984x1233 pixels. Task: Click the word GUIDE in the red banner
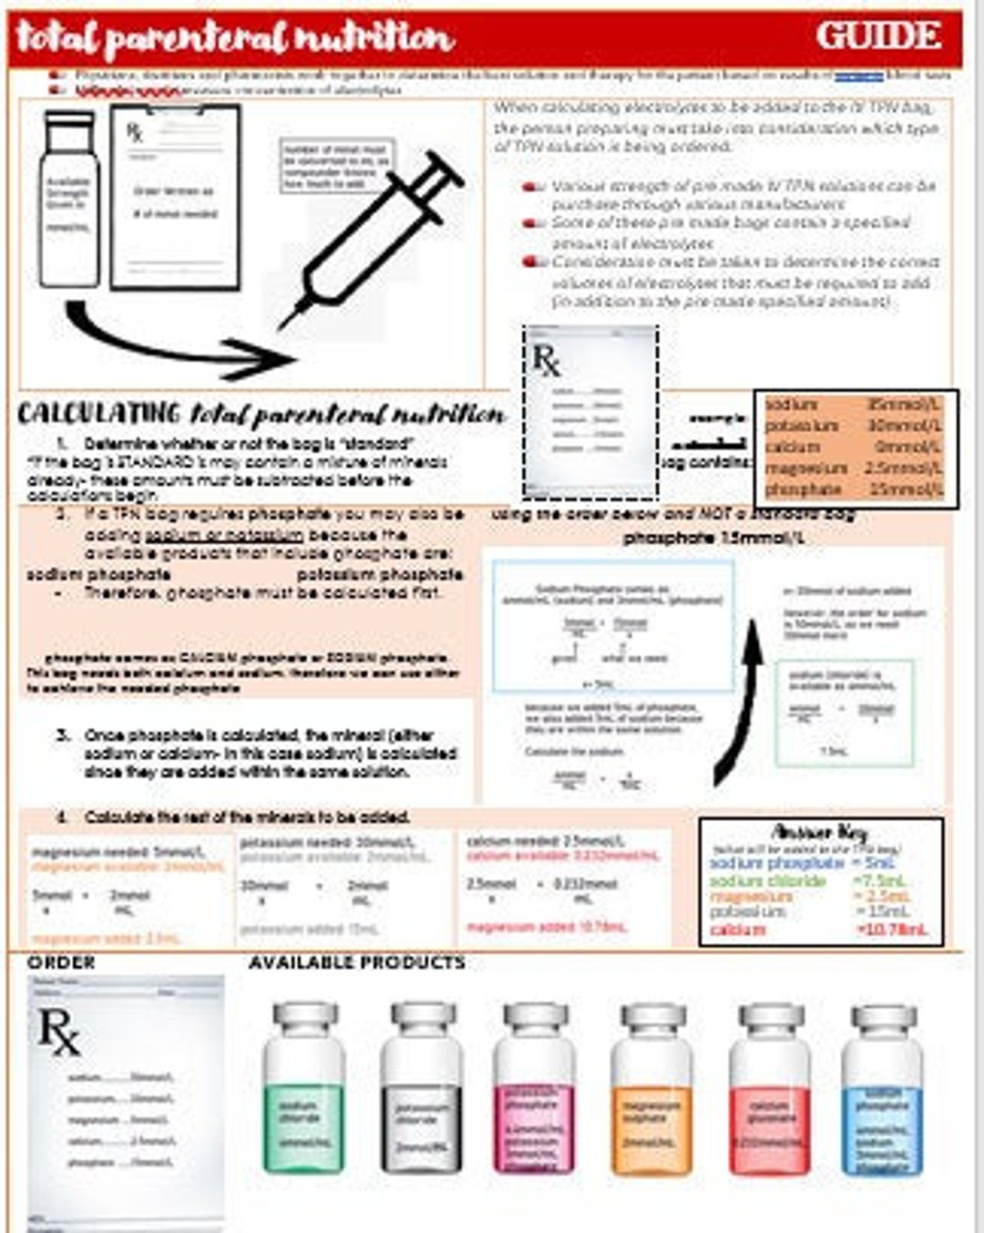(x=878, y=36)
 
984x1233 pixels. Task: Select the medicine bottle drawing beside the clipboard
(x=69, y=199)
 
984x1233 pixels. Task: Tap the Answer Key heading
(x=819, y=832)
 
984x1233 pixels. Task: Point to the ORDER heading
(x=61, y=963)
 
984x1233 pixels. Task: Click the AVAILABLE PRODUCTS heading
(x=356, y=963)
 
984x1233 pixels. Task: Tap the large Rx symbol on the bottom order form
(x=58, y=1033)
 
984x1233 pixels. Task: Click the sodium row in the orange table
(x=854, y=405)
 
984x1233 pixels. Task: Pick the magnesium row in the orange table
(x=854, y=468)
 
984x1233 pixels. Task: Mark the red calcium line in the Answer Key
(x=818, y=930)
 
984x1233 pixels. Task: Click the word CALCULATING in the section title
(x=97, y=414)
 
